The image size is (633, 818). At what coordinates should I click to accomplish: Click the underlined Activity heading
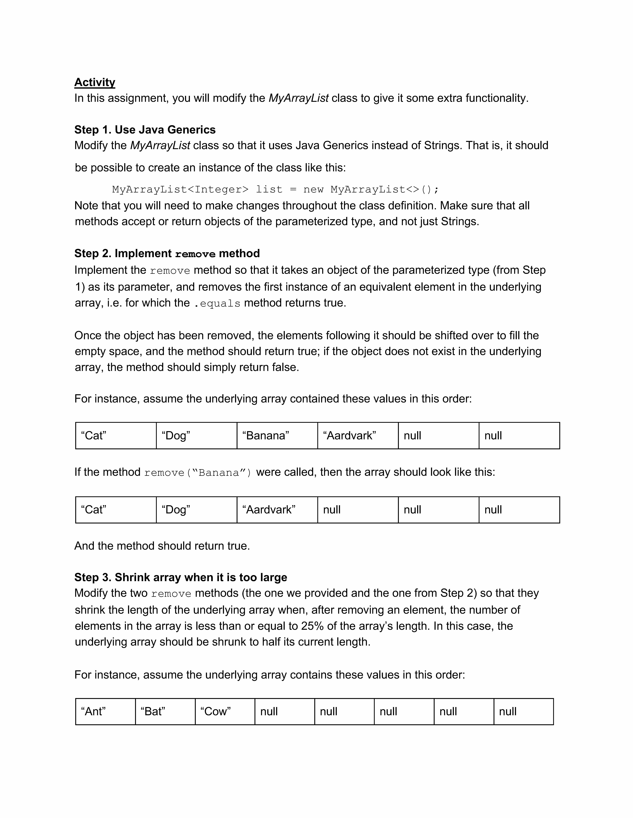[95, 82]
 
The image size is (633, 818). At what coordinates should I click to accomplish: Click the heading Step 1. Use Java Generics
[145, 130]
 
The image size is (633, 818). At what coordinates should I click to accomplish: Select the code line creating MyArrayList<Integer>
[275, 189]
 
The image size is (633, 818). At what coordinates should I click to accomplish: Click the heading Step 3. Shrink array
[180, 577]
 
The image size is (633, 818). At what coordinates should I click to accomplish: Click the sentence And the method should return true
[162, 546]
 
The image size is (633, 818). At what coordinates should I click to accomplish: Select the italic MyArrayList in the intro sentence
[298, 98]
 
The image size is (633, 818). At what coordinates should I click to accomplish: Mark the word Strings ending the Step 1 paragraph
[459, 221]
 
